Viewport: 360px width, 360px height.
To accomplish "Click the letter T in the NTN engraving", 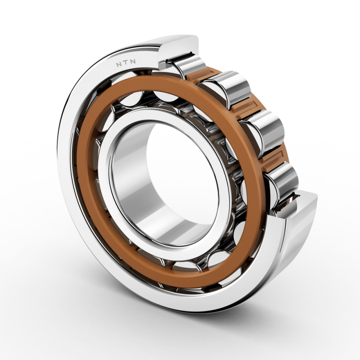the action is click(126, 63).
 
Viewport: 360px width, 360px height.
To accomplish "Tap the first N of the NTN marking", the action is click(119, 65).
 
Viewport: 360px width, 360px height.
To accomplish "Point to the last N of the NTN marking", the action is click(133, 62).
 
